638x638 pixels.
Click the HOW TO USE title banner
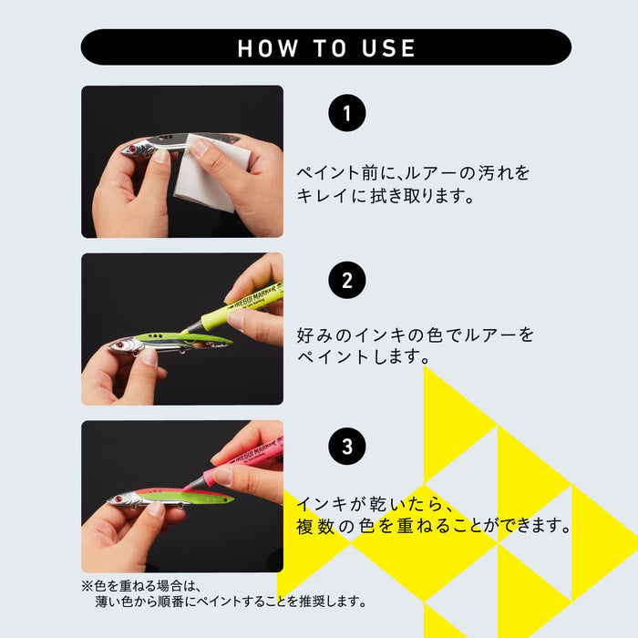(325, 47)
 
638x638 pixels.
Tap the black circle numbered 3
(346, 447)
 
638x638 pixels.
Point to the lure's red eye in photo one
(133, 149)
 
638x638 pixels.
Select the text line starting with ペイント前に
(413, 172)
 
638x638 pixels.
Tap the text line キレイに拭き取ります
(386, 196)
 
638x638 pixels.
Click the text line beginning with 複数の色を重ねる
(433, 527)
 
